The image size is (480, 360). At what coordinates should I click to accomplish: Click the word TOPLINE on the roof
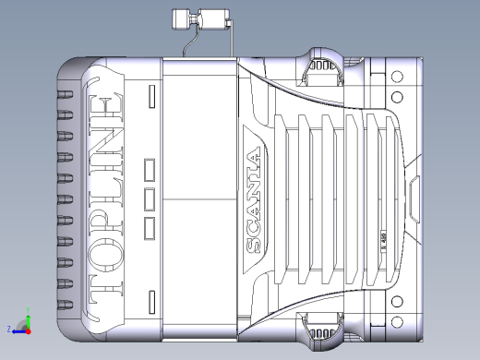[104, 195]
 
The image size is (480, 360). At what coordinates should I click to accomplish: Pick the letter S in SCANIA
[256, 245]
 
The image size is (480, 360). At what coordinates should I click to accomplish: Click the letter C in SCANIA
[256, 227]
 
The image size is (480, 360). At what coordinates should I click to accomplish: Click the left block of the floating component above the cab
[182, 18]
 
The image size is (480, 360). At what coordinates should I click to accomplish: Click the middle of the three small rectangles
[150, 198]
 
